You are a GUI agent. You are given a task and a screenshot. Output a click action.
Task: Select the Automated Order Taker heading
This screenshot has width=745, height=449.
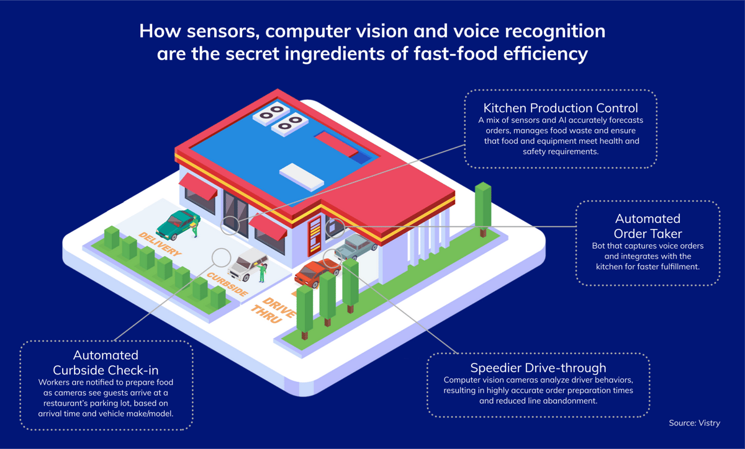click(x=648, y=226)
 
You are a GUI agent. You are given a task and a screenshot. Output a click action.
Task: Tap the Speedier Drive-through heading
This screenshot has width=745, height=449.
click(x=538, y=368)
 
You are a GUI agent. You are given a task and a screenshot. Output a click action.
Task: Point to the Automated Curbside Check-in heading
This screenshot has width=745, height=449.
click(x=106, y=363)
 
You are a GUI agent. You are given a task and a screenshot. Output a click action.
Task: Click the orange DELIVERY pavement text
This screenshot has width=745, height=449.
click(x=160, y=244)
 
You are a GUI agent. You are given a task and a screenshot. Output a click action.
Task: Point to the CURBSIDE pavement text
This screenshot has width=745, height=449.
click(x=227, y=284)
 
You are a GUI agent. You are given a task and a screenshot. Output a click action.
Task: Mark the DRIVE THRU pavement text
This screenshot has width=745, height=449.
click(x=273, y=308)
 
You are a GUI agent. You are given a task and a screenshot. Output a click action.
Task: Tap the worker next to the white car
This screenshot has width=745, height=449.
click(x=263, y=272)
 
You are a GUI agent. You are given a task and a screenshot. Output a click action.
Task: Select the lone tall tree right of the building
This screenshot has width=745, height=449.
click(x=482, y=208)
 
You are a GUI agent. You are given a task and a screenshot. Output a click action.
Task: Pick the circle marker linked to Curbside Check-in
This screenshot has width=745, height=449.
click(x=222, y=257)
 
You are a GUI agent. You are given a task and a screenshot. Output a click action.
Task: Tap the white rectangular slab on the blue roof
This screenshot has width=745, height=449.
click(x=301, y=176)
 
